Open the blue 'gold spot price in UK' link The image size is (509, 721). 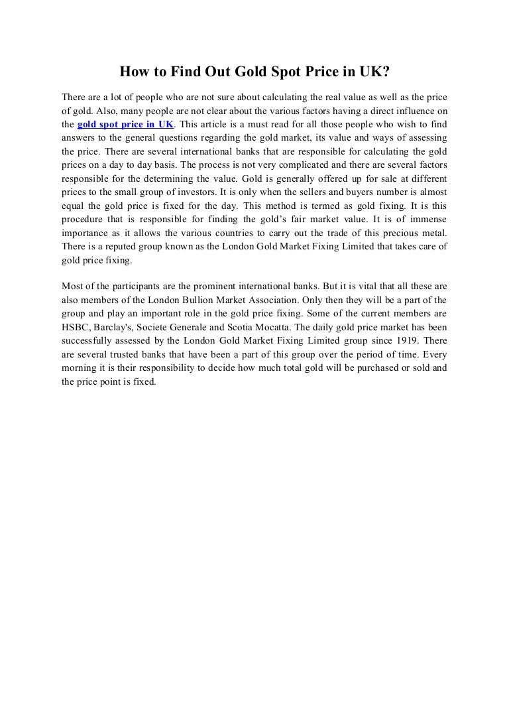[x=125, y=124]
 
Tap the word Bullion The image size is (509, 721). [x=213, y=299]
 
